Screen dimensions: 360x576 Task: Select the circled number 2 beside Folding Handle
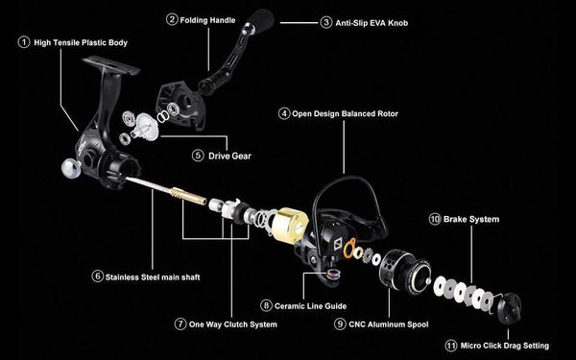[x=172, y=18]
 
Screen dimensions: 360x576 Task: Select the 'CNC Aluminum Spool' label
[x=395, y=324]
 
